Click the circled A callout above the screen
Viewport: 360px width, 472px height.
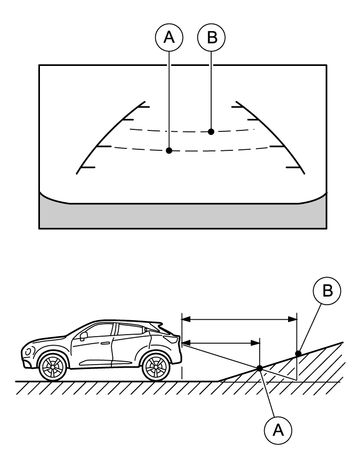point(169,37)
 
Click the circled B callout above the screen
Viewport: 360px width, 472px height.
point(212,37)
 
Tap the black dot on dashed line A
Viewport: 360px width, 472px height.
point(169,151)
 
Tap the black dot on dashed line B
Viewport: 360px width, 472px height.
point(211,132)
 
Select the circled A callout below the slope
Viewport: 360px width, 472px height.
point(278,430)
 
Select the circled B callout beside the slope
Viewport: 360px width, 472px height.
point(327,290)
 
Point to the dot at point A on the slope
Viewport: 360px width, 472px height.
point(259,368)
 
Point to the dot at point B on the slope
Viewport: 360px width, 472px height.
point(298,353)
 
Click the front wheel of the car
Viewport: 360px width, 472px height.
point(53,367)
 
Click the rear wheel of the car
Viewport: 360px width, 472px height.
point(156,367)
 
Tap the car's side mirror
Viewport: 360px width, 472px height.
point(83,335)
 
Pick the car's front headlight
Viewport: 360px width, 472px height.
point(29,351)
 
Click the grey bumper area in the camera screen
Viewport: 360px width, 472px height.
point(183,215)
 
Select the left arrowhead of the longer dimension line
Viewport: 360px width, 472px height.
point(186,319)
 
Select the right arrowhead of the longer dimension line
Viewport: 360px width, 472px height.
point(292,319)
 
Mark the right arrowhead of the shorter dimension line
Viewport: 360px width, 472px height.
point(255,343)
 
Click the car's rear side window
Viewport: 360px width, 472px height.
point(131,330)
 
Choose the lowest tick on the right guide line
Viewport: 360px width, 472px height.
point(293,167)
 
